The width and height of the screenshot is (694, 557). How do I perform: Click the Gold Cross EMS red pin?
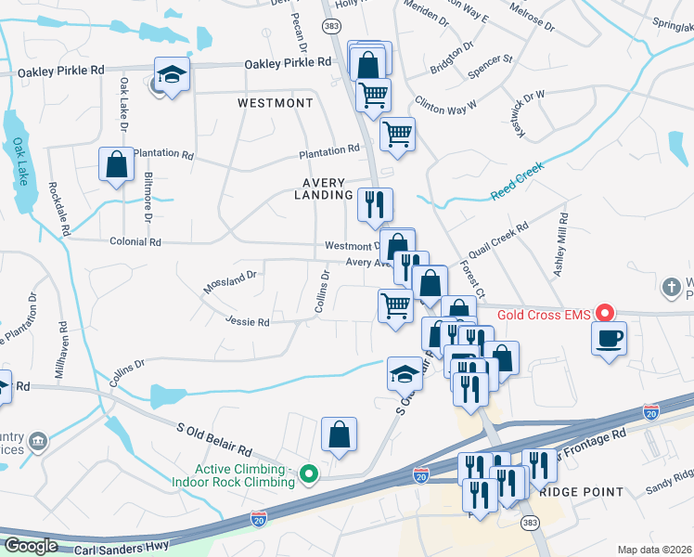point(605,313)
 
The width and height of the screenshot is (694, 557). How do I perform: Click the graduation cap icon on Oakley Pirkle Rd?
point(172,73)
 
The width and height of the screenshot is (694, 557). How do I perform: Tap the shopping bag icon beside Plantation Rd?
point(117,165)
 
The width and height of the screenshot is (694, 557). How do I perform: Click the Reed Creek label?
point(515,181)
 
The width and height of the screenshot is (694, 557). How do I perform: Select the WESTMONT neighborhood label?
point(276,102)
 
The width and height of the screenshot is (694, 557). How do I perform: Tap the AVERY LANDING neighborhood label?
point(319,189)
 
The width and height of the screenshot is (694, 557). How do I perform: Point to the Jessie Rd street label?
point(247,322)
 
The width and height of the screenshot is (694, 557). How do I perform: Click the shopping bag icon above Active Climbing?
point(340,434)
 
